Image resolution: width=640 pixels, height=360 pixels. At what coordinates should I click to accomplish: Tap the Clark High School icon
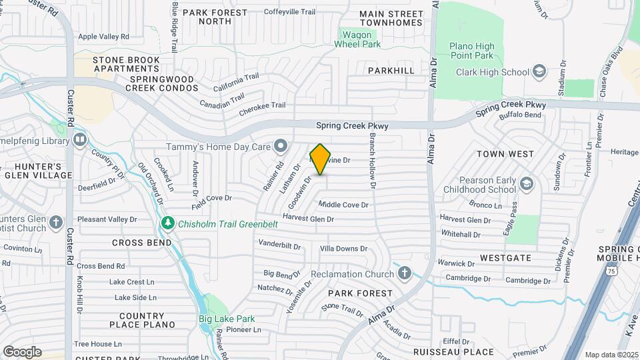(539, 72)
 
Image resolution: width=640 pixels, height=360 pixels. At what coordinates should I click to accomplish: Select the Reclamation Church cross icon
(404, 274)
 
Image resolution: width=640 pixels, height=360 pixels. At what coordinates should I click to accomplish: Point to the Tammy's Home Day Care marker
(281, 145)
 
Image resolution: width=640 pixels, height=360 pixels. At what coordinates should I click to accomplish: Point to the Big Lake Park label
(226, 319)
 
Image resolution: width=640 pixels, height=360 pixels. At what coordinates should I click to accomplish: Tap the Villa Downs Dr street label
(343, 249)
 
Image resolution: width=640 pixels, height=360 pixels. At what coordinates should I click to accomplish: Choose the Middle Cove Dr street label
(343, 205)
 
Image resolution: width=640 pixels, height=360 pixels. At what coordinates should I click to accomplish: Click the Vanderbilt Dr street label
(279, 245)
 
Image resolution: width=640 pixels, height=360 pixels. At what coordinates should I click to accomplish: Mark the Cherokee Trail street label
(262, 105)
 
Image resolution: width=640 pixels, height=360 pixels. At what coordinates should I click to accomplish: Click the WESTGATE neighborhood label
(505, 257)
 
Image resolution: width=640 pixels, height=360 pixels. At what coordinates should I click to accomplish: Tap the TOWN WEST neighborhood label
(505, 154)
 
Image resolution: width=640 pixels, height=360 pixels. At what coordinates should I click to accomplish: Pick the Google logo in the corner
(22, 351)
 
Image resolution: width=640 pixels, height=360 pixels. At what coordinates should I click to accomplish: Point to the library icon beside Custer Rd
(80, 140)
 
